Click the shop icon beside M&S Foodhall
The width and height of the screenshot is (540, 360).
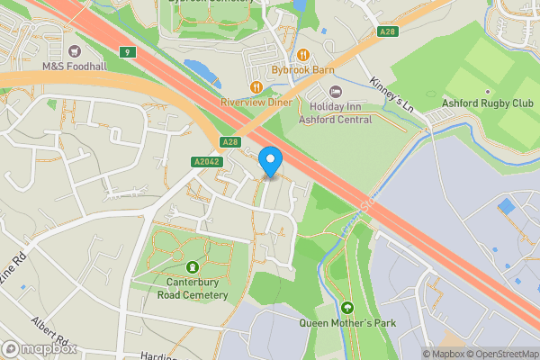72,50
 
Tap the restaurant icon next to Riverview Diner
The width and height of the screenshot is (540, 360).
256,87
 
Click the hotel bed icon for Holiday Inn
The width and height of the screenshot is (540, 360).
337,91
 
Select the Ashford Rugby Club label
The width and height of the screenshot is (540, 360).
487,103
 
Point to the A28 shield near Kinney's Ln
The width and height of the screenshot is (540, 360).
387,31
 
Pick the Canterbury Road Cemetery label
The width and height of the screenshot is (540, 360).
192,288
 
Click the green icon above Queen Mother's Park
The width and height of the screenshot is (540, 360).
347,307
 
